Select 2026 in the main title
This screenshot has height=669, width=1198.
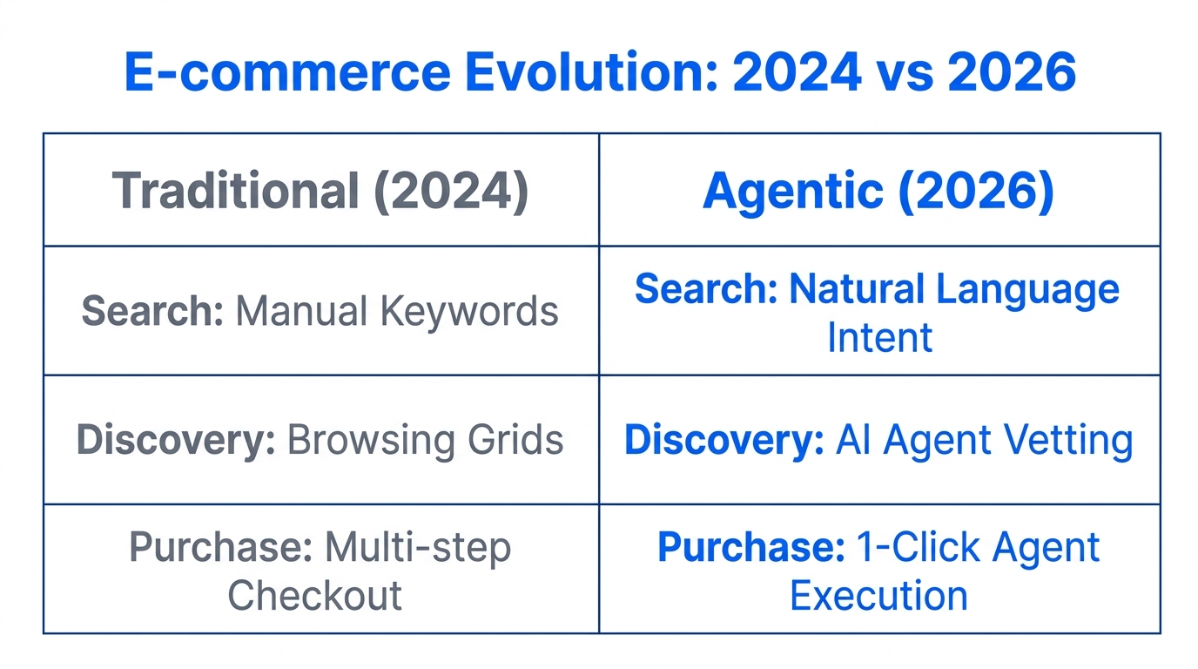click(1011, 73)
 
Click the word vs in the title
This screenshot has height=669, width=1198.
click(912, 73)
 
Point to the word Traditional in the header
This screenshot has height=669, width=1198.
click(234, 191)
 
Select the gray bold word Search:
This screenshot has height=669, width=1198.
click(153, 311)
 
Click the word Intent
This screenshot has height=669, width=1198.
click(879, 337)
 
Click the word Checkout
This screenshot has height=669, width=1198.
click(315, 596)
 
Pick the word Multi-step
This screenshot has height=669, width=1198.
click(417, 548)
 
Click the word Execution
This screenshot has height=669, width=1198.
click(879, 596)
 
